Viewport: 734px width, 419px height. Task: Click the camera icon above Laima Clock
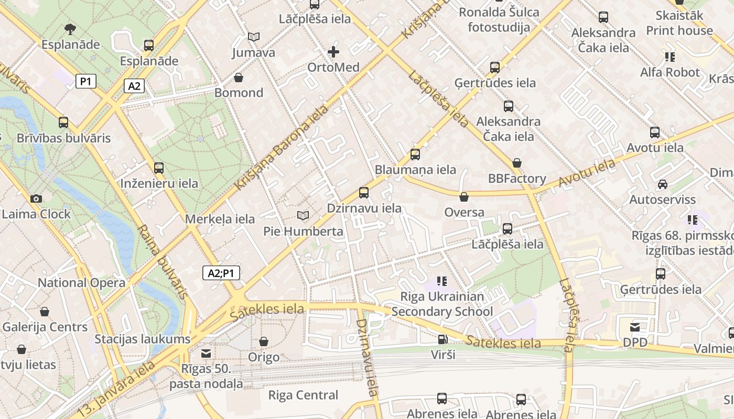pyautogui.click(x=36, y=199)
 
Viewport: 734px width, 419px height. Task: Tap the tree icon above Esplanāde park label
pyautogui.click(x=70, y=29)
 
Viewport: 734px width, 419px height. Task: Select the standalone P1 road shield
pyautogui.click(x=86, y=81)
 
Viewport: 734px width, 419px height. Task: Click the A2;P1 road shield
pyautogui.click(x=221, y=273)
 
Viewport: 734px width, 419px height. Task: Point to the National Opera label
pyautogui.click(x=81, y=283)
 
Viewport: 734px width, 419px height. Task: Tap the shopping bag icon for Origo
pyautogui.click(x=264, y=341)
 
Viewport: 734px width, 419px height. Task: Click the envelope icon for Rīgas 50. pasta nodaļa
pyautogui.click(x=206, y=354)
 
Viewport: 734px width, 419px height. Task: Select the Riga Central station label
pyautogui.click(x=303, y=395)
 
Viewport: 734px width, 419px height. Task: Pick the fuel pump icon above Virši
pyautogui.click(x=443, y=339)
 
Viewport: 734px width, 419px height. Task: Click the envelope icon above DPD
pyautogui.click(x=635, y=327)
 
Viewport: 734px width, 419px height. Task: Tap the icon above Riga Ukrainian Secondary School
pyautogui.click(x=442, y=281)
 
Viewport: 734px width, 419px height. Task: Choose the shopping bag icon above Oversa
pyautogui.click(x=464, y=197)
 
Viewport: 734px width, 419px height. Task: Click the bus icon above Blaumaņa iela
pyautogui.click(x=415, y=155)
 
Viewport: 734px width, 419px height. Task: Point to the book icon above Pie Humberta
pyautogui.click(x=303, y=215)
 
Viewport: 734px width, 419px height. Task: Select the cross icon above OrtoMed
pyautogui.click(x=333, y=52)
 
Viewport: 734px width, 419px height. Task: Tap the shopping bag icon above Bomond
pyautogui.click(x=239, y=78)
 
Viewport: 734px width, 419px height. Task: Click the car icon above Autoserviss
pyautogui.click(x=663, y=184)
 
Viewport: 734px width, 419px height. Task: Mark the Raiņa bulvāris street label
pyautogui.click(x=163, y=262)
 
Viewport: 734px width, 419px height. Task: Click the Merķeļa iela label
pyautogui.click(x=220, y=219)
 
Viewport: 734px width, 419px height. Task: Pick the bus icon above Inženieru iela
pyautogui.click(x=159, y=168)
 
